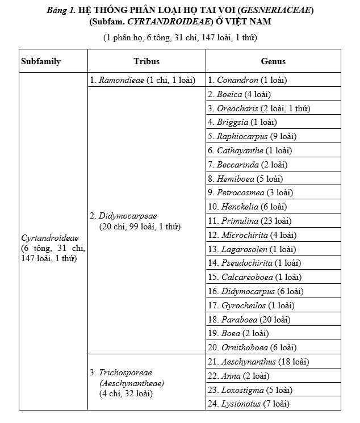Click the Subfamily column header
coord(40,61)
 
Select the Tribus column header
coord(146,61)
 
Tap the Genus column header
coord(273,61)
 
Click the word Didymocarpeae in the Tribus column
coord(127,216)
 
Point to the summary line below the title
coord(179,37)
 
